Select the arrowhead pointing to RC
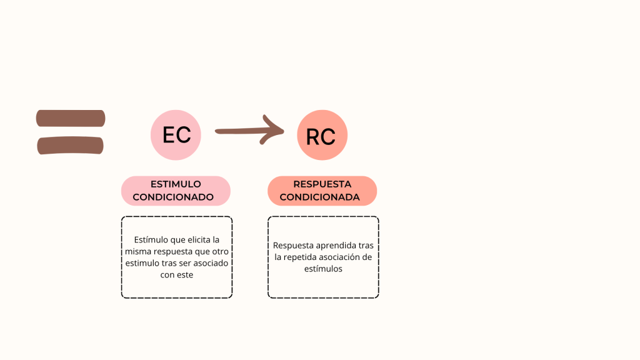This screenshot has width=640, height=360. point(274,129)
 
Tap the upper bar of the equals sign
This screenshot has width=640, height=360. point(70,118)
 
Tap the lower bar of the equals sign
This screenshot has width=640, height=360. point(70,146)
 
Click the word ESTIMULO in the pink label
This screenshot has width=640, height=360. point(176,184)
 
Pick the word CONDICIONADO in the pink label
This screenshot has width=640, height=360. point(173,197)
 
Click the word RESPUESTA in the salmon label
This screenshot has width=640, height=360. point(322,184)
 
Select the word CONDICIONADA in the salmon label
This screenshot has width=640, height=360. point(319,197)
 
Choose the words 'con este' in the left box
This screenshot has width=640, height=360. point(176,275)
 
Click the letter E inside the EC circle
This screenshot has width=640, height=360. point(168,135)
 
